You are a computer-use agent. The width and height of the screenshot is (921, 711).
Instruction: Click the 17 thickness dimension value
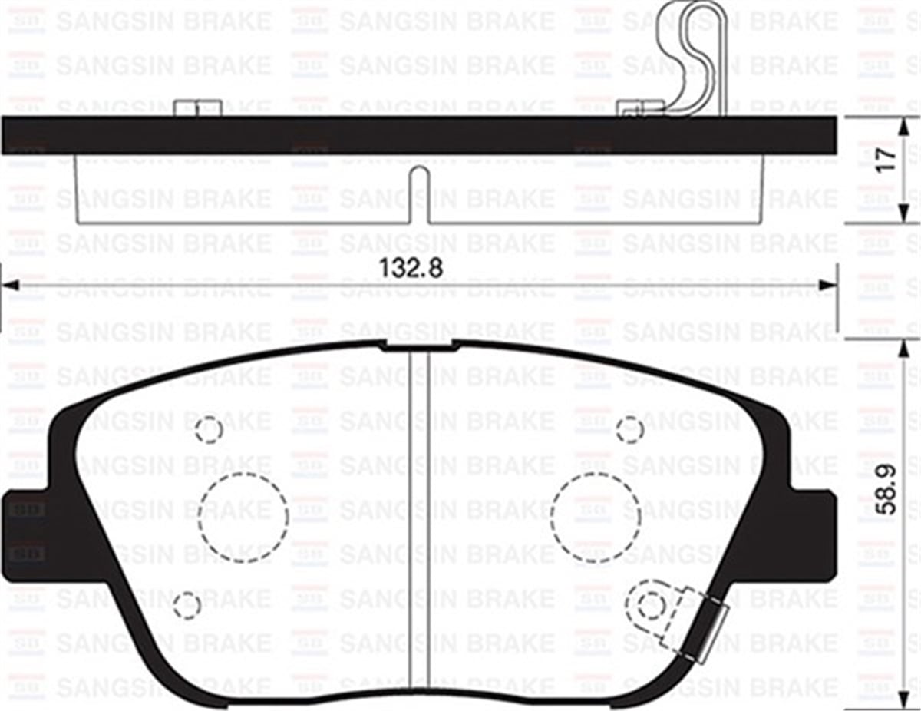886,159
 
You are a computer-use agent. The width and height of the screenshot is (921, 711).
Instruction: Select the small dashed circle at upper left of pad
210,430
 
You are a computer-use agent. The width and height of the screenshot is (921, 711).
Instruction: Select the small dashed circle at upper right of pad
629,430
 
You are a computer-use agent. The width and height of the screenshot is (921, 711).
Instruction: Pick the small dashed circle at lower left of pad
187,605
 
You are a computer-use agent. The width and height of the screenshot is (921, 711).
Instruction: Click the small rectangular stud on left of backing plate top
198,107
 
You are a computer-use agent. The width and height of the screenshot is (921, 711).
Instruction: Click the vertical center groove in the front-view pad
418,522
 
